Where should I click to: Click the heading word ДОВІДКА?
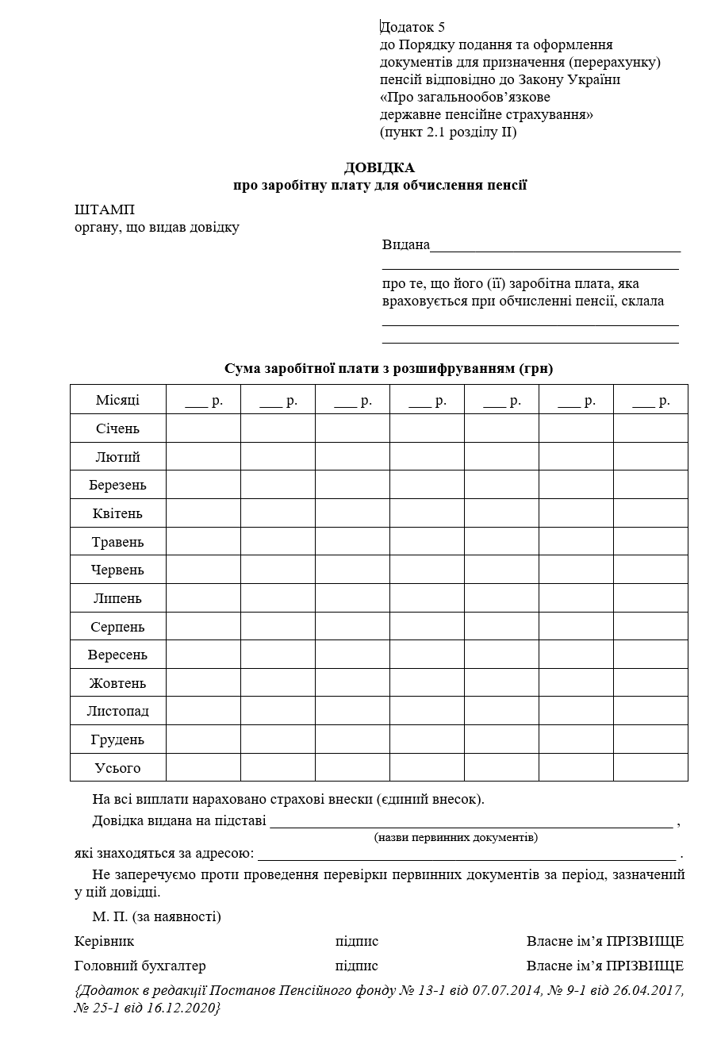coord(379,167)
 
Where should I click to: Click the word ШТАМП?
coord(104,210)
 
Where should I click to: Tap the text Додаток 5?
coord(412,28)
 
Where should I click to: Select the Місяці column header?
coord(117,400)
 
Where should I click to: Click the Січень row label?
coord(117,428)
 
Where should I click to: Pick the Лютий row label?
coord(117,457)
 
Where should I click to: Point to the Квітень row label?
coord(117,513)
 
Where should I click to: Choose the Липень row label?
coord(117,598)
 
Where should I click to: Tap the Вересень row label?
coord(117,655)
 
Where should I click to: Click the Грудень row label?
coord(117,739)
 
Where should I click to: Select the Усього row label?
coord(117,768)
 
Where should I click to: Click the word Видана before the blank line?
coord(406,244)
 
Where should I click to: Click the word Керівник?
coord(104,942)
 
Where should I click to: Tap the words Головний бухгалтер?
coord(140,966)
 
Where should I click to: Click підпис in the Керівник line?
coord(357,942)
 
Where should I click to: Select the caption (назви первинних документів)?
coord(455,838)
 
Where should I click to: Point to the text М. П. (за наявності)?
coord(156,917)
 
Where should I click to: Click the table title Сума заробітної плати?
coord(389,369)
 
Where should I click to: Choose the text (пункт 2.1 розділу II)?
coord(448,133)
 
